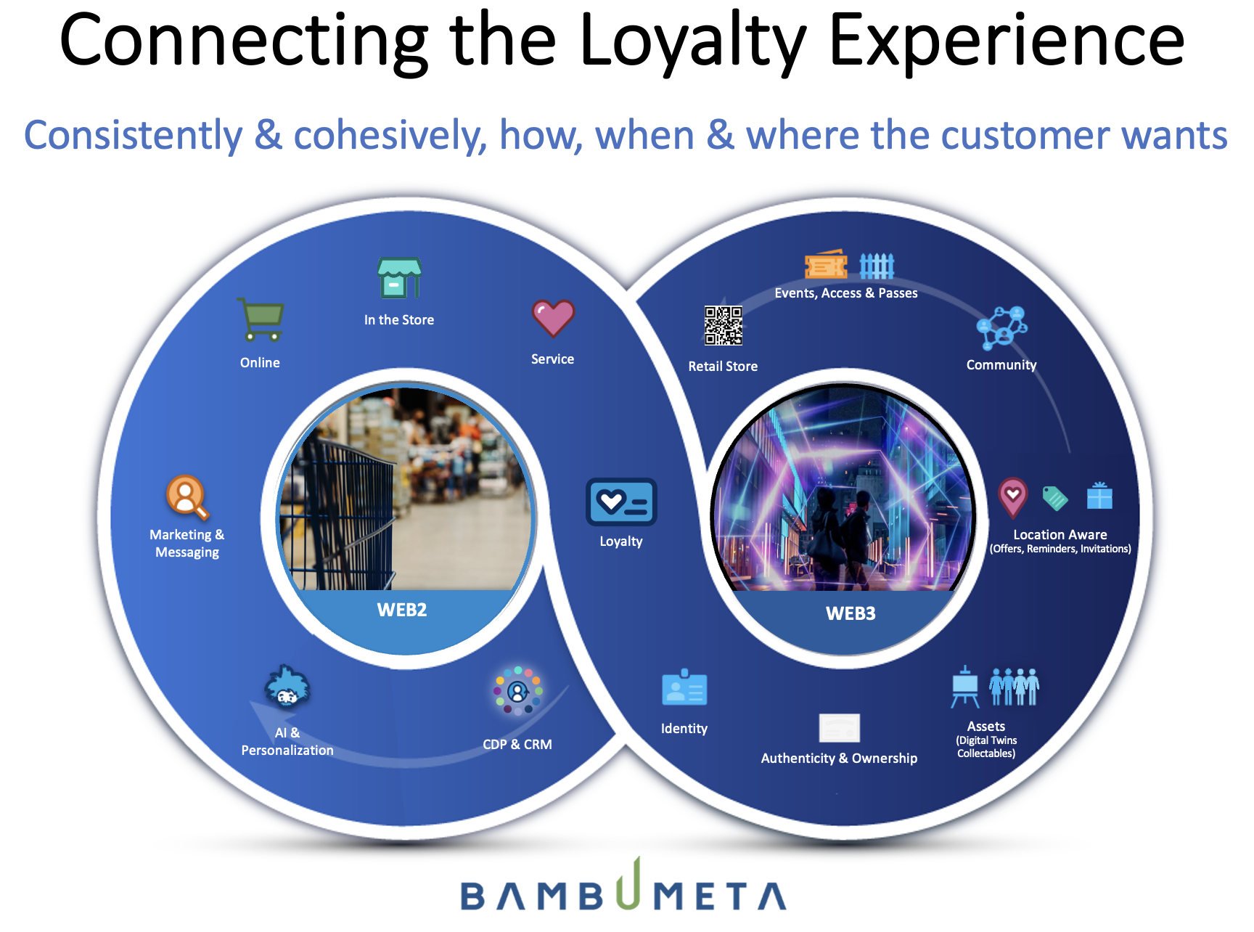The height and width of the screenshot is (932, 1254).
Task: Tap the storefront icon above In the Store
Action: [x=399, y=278]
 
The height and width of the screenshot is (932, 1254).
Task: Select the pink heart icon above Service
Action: [x=553, y=318]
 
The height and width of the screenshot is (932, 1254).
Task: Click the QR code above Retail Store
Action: [x=724, y=325]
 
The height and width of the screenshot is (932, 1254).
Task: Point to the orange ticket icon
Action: [x=826, y=265]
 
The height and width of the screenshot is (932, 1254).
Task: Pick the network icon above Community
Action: [x=1001, y=328]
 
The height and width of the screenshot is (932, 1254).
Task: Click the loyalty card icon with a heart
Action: [x=621, y=502]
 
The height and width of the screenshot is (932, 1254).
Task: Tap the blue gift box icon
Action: [x=1099, y=496]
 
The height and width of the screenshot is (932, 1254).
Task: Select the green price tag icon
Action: [x=1055, y=498]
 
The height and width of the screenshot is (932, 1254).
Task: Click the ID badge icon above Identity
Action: [x=684, y=687]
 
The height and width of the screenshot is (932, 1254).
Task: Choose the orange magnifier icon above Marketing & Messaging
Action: [x=187, y=497]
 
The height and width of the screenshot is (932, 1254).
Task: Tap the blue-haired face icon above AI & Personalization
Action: [x=287, y=687]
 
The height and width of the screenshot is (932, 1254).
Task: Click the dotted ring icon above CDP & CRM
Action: [x=517, y=690]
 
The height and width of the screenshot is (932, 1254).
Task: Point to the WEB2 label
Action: [x=402, y=610]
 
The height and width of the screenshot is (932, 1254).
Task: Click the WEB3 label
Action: [x=851, y=613]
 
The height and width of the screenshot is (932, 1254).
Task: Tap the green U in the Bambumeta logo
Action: [x=629, y=883]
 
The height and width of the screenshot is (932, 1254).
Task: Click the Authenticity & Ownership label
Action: [x=839, y=758]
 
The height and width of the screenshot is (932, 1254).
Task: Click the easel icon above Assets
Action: [x=965, y=687]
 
